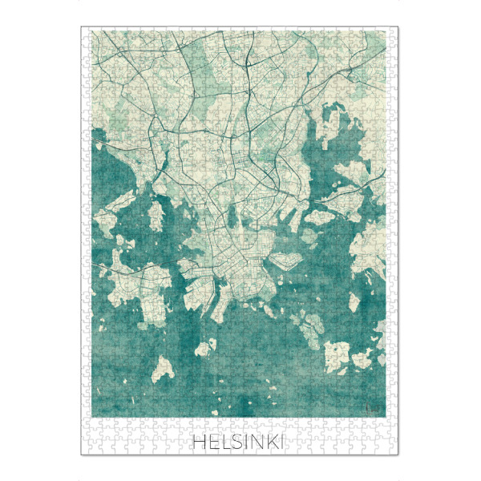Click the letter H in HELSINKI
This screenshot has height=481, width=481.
[200, 442]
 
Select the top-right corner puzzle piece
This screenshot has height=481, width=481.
[394, 32]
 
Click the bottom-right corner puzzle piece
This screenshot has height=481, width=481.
[394, 451]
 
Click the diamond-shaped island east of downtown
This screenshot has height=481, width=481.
[285, 259]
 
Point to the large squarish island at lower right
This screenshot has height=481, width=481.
[347, 354]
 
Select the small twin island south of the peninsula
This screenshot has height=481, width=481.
[204, 347]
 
